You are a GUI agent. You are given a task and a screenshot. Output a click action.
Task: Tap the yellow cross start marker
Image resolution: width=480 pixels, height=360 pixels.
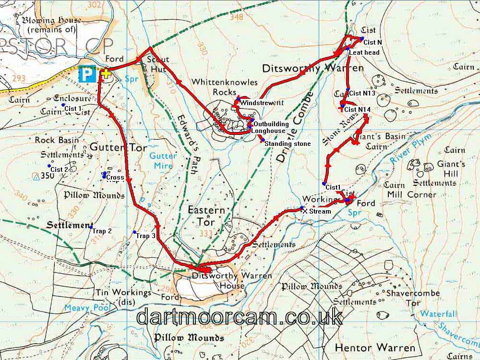click(106, 73)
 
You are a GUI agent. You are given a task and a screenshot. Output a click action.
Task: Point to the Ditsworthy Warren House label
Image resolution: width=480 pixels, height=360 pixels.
click(231, 281)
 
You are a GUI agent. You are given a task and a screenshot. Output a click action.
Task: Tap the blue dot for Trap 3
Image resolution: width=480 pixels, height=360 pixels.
click(134, 232)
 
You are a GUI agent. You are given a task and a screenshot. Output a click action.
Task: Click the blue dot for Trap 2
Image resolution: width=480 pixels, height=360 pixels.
click(91, 226)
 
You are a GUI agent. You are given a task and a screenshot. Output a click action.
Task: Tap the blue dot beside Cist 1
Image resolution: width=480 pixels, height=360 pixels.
click(63, 105)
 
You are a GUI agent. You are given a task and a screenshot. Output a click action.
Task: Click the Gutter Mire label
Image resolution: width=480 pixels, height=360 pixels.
click(163, 160)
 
